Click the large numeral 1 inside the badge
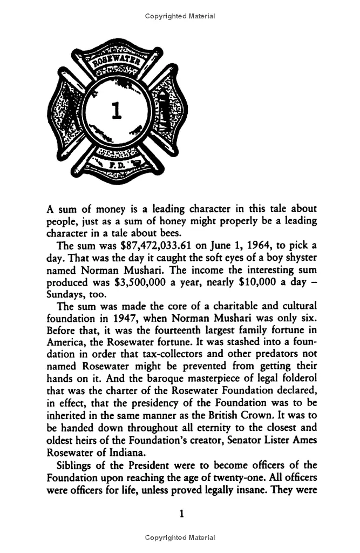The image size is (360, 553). click(114, 110)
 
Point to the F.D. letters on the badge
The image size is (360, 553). click(115, 161)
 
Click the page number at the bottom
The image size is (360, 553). click(181, 514)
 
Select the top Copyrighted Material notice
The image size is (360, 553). click(180, 16)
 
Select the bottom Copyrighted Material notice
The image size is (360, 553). click(180, 538)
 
